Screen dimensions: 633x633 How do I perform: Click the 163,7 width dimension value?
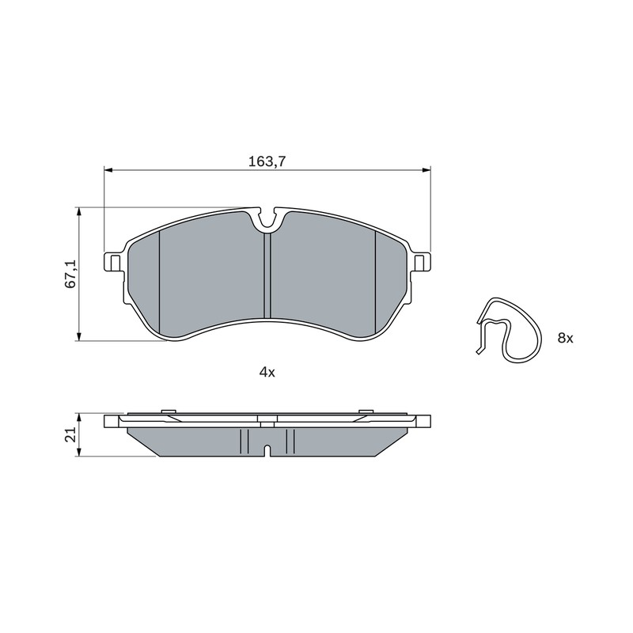click(267, 162)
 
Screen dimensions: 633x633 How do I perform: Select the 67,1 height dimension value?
click(71, 274)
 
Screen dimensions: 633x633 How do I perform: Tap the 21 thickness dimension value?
click(71, 434)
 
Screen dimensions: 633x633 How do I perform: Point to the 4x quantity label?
click(267, 372)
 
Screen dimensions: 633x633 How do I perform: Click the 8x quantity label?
click(565, 339)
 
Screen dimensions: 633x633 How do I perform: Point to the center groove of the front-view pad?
click(267, 275)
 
